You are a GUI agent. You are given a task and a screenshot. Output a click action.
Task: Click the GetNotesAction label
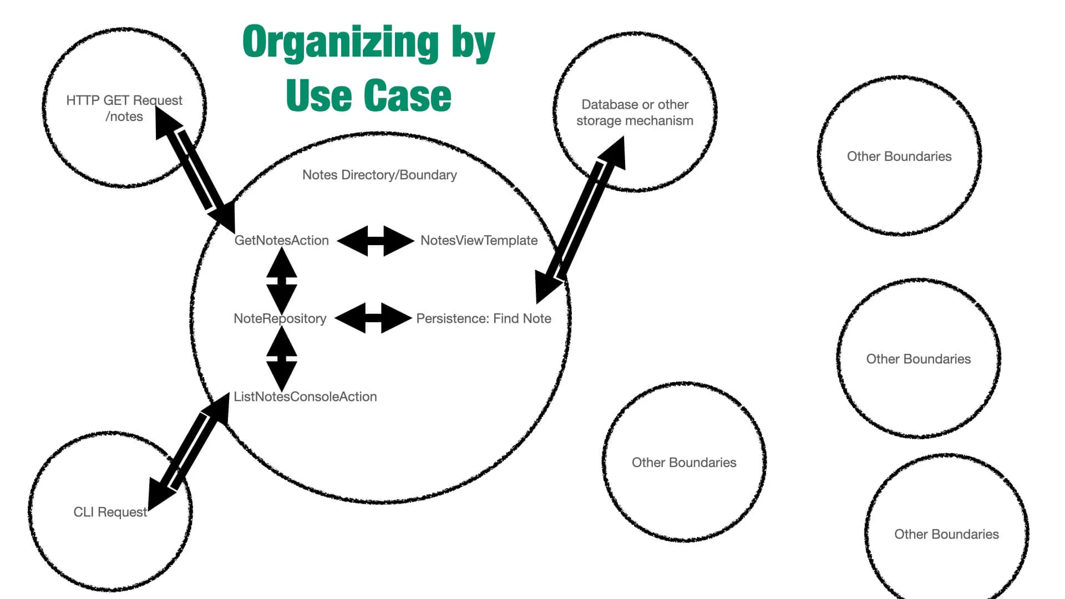click(x=281, y=240)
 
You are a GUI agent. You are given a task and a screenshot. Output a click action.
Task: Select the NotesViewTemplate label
click(x=479, y=240)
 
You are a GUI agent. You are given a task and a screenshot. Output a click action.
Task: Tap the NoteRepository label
click(x=280, y=318)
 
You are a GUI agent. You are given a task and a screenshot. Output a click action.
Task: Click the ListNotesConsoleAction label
click(x=305, y=397)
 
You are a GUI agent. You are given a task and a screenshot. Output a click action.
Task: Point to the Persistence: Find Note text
click(x=484, y=318)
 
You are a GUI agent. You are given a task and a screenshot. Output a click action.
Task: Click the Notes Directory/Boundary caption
click(x=379, y=175)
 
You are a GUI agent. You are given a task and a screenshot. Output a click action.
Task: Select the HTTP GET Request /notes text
click(x=124, y=108)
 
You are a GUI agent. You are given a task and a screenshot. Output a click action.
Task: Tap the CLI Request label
click(x=110, y=512)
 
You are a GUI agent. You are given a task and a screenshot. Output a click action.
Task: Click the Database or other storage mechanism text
click(x=635, y=113)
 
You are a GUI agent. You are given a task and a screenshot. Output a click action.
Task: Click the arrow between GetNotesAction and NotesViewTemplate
click(x=376, y=241)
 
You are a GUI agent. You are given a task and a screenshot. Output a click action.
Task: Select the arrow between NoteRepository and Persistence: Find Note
click(x=373, y=318)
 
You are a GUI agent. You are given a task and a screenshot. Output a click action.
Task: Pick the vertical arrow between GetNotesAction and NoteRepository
click(x=282, y=280)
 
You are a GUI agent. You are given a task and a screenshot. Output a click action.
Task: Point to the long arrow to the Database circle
click(x=580, y=220)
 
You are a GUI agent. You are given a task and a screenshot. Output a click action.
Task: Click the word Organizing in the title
click(x=341, y=42)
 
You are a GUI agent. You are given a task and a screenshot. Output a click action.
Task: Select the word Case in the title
click(x=407, y=95)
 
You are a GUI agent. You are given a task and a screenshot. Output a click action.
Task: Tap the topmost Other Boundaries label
click(x=899, y=156)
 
